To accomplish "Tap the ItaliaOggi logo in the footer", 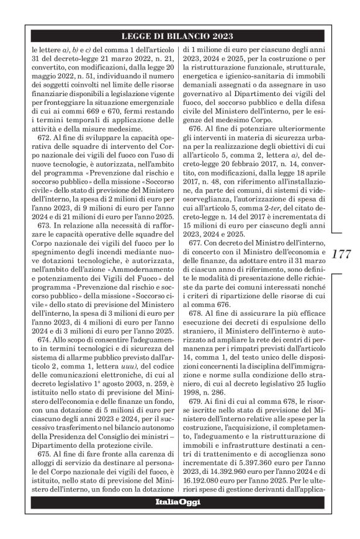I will click(179, 502).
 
